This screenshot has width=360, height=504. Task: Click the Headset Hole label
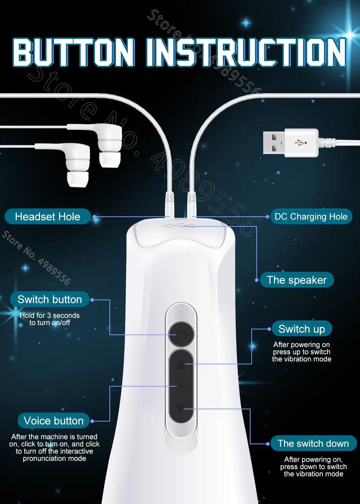pos(48,217)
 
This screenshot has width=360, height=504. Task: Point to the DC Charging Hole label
pos(311,217)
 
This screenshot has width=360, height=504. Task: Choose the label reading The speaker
pos(297,280)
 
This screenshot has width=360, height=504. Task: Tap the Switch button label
pos(50,300)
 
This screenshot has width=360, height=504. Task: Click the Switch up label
pos(302,329)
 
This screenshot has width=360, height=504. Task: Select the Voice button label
pos(54,420)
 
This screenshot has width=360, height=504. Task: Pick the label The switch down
pos(313,444)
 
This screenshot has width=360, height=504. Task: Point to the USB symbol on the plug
pos(301,143)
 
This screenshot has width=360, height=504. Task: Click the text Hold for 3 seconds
pos(50,315)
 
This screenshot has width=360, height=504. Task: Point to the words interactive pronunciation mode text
pos(54,455)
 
